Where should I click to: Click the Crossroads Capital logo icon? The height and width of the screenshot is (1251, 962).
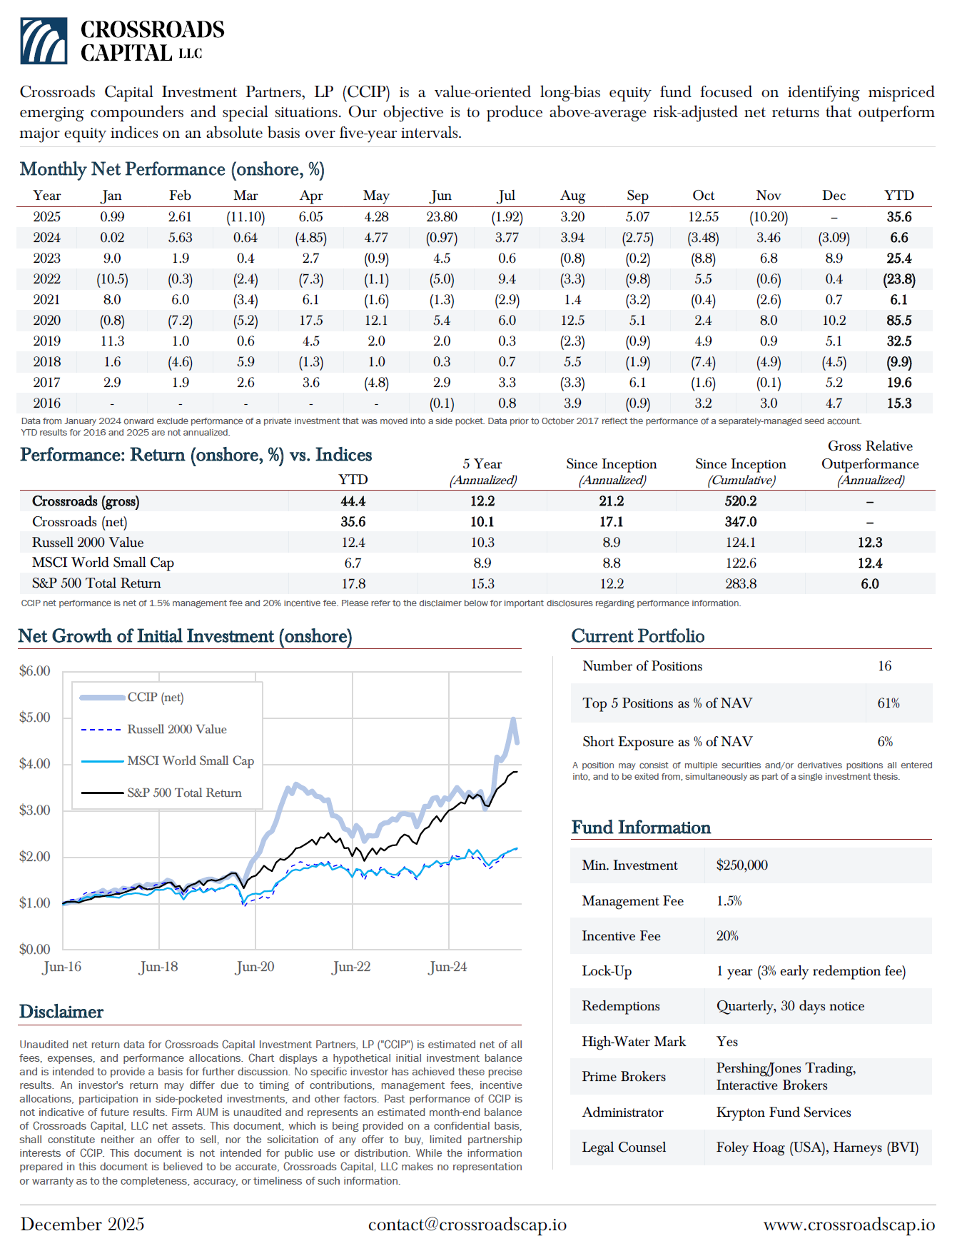[44, 41]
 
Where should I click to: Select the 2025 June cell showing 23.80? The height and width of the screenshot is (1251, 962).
[442, 217]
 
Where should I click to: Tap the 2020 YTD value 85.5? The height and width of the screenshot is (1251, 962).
[898, 321]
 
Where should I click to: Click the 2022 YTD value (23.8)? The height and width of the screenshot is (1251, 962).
[898, 279]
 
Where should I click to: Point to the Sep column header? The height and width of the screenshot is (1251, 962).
[637, 196]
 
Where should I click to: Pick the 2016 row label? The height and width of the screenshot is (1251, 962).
[47, 403]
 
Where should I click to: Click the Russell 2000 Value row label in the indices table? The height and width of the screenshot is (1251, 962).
[88, 543]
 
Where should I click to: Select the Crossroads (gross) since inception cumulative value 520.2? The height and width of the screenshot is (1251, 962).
[741, 501]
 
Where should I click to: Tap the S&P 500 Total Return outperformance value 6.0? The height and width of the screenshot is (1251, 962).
[869, 584]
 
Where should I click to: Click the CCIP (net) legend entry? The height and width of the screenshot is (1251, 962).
[155, 698]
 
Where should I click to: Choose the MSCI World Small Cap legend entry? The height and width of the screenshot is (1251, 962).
[190, 761]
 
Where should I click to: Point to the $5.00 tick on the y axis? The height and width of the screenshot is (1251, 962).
[35, 718]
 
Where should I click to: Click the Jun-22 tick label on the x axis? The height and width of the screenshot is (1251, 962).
[352, 967]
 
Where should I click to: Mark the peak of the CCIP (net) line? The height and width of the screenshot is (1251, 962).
[513, 719]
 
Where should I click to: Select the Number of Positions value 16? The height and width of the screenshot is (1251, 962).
[884, 666]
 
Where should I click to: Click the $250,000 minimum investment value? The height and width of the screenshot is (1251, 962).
[742, 865]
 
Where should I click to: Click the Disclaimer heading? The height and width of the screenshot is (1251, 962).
[61, 1012]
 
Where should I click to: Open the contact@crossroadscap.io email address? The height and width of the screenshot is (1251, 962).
[467, 1225]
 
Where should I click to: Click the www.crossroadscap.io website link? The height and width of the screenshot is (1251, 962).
[849, 1225]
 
